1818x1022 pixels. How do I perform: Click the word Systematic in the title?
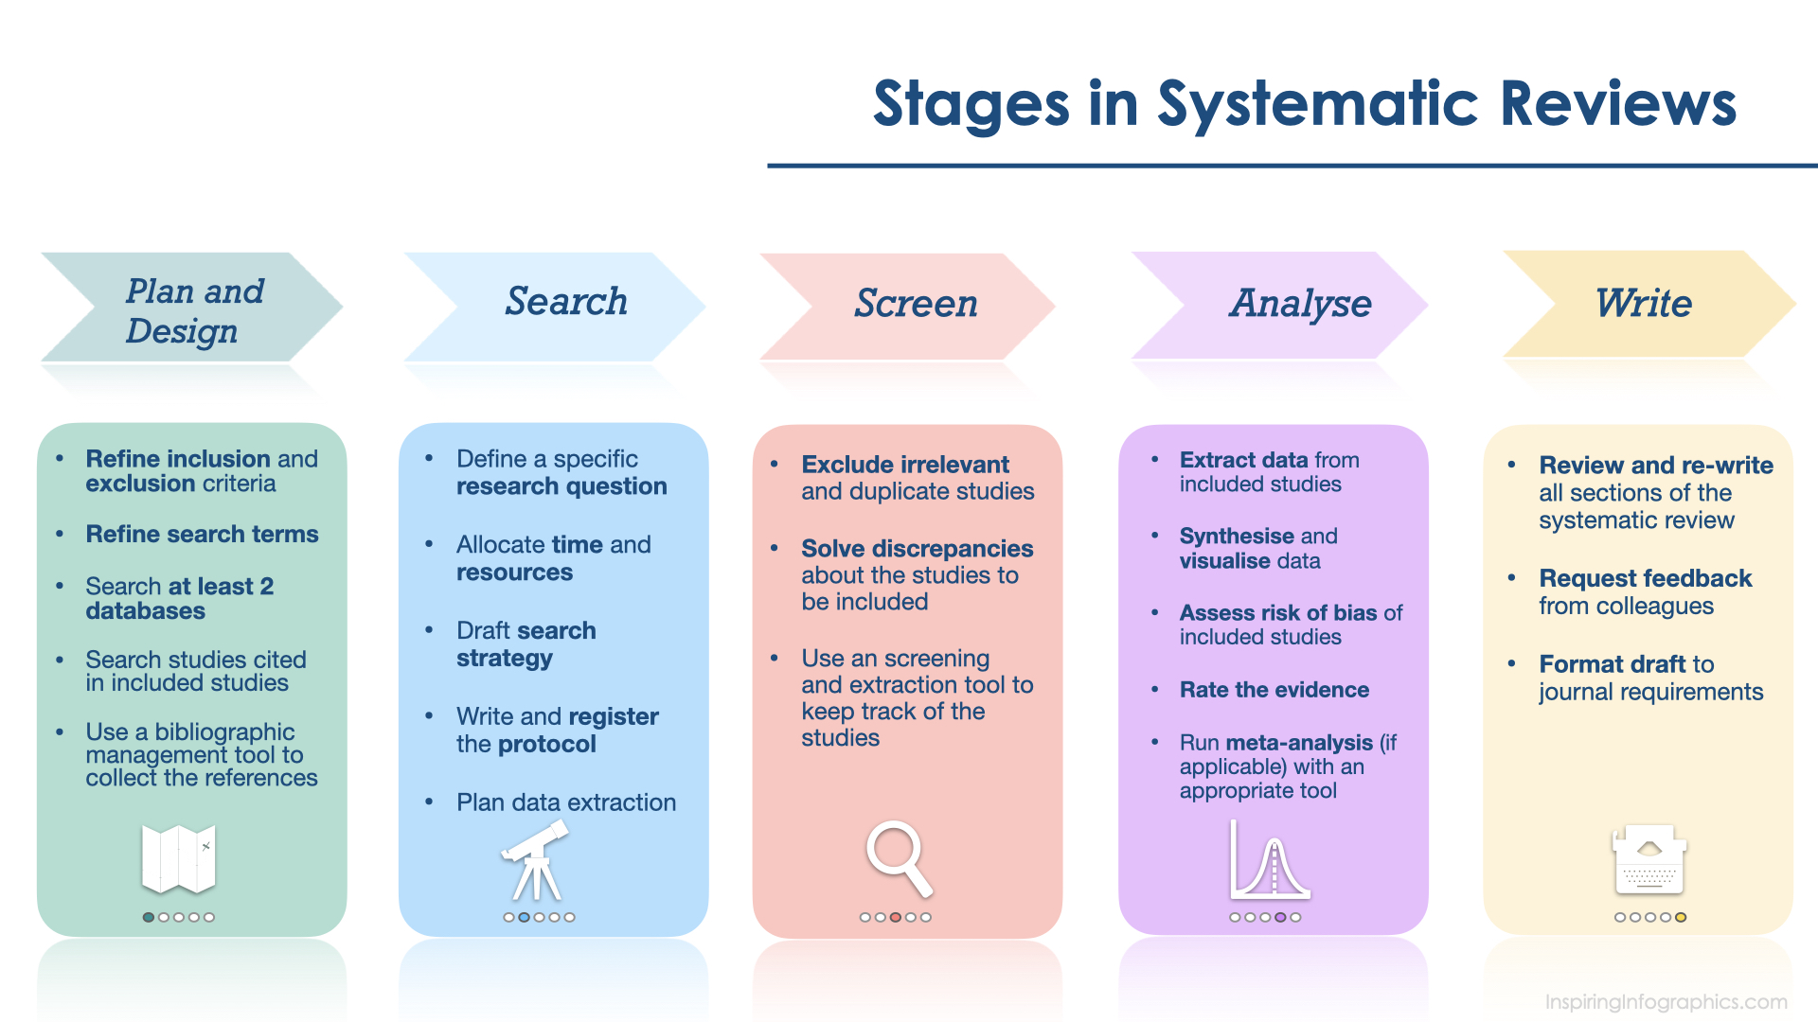[x=1317, y=103]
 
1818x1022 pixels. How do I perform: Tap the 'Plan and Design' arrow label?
[x=194, y=310]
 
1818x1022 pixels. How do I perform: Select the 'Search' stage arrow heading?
[x=565, y=302]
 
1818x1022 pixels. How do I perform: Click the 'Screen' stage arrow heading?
[x=916, y=304]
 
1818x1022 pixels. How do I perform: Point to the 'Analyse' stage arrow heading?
[x=1299, y=304]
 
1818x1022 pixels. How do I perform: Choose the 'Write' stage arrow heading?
[x=1643, y=304]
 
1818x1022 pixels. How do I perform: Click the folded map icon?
[x=178, y=859]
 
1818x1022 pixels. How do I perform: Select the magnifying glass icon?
[x=899, y=858]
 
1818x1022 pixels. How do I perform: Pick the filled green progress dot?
[x=149, y=917]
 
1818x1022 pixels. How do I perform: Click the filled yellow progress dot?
[x=1681, y=917]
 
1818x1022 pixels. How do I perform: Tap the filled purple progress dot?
[x=1280, y=917]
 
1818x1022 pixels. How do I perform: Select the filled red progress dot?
[x=895, y=917]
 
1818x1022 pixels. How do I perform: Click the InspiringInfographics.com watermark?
[x=1666, y=1001]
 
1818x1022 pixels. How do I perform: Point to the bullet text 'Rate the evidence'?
[x=1274, y=690]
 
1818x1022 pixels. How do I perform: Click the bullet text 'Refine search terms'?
[x=202, y=535]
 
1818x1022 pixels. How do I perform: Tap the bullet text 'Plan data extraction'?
[x=565, y=802]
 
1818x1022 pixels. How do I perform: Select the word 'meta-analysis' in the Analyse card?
[x=1298, y=743]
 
